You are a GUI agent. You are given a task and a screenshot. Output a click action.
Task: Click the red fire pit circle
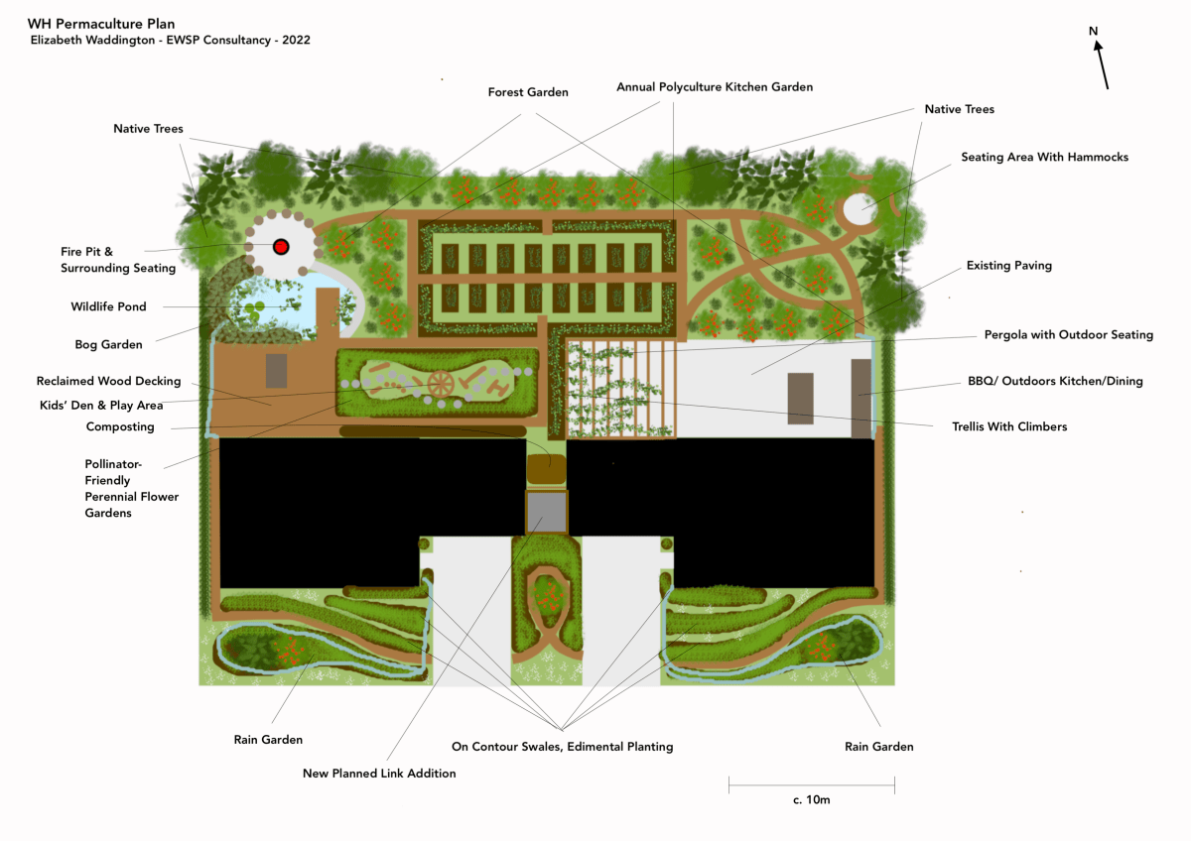pos(280,246)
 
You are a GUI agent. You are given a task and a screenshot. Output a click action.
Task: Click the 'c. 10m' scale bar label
pos(811,799)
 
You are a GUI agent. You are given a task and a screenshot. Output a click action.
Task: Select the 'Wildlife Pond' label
pos(108,306)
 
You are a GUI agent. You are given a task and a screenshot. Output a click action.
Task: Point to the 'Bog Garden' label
pos(108,344)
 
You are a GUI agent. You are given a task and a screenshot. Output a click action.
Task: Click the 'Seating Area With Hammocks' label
pos(1044,157)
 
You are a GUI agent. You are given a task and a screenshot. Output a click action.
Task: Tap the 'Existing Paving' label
pos(1008,266)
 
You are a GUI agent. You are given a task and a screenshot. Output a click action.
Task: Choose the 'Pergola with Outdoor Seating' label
pos(1068,334)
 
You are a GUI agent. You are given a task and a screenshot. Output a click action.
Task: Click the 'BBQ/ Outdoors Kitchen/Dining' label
pos(1055,381)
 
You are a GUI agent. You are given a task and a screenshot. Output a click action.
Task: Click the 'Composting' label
pos(120,426)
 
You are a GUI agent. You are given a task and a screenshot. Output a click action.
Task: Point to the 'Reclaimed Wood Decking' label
pos(108,381)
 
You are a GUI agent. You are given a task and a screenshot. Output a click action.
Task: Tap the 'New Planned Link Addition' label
pos(379,773)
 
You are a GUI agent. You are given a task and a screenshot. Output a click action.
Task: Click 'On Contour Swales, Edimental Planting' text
pos(562,746)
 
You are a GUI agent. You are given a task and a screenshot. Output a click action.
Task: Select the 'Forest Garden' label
pos(528,92)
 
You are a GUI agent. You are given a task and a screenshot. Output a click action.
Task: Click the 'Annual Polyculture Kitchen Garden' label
pos(715,87)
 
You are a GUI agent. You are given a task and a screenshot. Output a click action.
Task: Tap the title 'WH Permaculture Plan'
pos(94,22)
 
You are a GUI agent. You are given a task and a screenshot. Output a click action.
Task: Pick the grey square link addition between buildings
pos(545,512)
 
